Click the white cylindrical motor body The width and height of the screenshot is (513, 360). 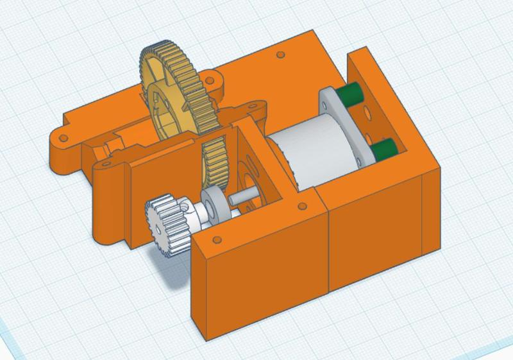[308, 154]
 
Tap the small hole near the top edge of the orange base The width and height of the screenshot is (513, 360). [280, 54]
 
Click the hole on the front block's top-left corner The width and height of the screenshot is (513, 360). [217, 241]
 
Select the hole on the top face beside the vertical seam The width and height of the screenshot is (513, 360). [299, 207]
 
